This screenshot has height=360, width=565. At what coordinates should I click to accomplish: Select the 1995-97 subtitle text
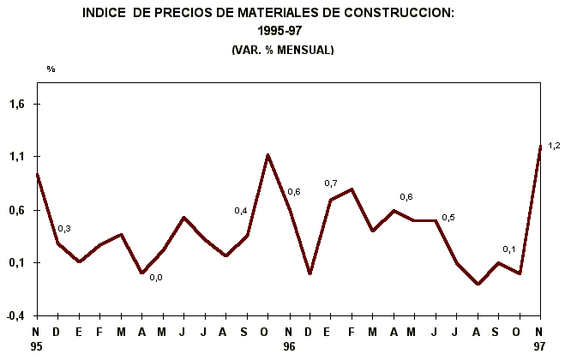[282, 32]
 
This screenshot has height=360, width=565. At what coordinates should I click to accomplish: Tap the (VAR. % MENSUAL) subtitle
[282, 51]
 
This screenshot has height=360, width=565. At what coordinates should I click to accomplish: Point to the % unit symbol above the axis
[51, 69]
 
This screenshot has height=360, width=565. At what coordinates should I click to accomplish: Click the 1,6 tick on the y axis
[19, 105]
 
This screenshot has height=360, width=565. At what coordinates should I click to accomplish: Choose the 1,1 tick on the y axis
[19, 157]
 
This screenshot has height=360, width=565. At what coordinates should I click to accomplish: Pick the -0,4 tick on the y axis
[17, 315]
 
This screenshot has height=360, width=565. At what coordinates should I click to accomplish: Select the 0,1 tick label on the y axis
[19, 263]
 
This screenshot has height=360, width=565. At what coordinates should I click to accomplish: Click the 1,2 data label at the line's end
[554, 145]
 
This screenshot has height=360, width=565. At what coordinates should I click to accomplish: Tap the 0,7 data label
[331, 183]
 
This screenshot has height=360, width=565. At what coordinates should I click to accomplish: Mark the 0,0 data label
[156, 277]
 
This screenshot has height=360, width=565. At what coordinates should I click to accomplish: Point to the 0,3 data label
[64, 229]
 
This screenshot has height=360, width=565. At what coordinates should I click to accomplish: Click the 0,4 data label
[241, 211]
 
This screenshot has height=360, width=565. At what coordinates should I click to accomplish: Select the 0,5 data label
[448, 218]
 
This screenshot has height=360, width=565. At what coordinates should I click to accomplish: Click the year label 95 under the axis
[36, 347]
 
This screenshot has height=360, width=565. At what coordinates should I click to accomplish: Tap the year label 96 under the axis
[289, 347]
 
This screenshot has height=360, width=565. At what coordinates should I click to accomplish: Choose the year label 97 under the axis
[540, 347]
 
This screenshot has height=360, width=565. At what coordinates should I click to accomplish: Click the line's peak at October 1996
[267, 155]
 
